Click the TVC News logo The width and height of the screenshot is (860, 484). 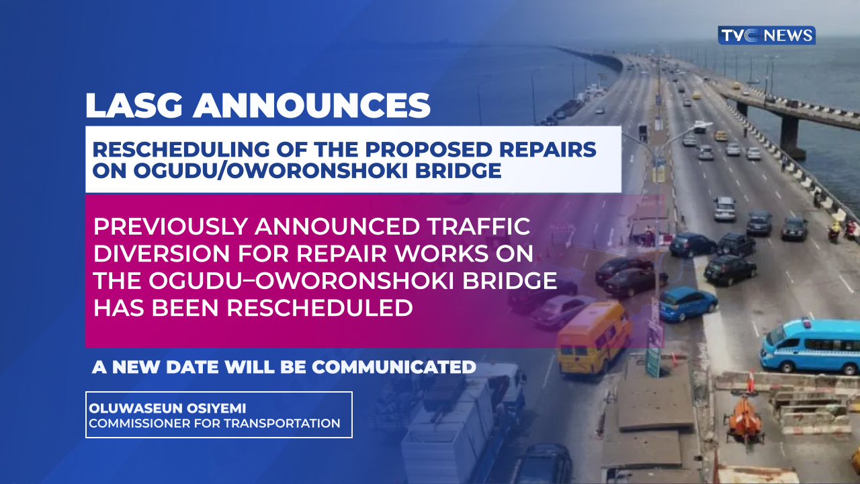767,36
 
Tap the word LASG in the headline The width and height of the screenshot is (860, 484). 134,106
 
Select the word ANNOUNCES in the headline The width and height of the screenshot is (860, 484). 311,106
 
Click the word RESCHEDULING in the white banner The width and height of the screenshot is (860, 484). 181,149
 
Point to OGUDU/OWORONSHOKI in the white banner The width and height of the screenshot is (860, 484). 270,171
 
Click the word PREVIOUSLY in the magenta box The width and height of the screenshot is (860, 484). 170,227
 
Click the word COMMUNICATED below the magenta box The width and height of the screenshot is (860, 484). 394,367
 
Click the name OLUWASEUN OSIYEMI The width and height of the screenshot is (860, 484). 167,408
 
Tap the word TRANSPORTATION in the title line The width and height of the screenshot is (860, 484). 282,424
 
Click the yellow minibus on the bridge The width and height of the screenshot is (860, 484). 593,337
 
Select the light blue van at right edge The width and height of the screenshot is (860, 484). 811,346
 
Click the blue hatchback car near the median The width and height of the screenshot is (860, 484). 688,303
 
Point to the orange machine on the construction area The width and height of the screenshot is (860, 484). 745,418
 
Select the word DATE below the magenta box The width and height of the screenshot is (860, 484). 195,367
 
